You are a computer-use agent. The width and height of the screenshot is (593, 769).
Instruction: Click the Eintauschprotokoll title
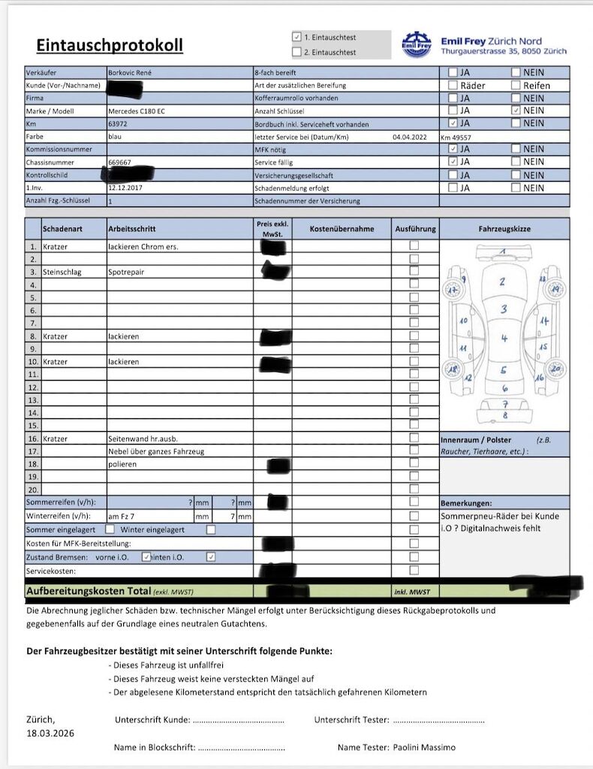pos(110,45)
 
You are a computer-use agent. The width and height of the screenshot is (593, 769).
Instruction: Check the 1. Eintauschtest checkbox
pos(297,37)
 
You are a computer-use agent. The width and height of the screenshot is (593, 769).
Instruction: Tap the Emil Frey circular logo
pos(417,44)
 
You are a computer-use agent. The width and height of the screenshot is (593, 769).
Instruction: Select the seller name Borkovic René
pos(134,73)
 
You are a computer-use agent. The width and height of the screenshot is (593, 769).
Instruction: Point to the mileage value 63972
pos(119,124)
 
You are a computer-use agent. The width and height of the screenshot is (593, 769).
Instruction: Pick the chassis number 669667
pos(119,162)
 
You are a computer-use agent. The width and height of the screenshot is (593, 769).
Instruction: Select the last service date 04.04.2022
pos(409,137)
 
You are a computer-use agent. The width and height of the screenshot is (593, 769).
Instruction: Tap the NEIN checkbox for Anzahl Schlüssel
pos(516,110)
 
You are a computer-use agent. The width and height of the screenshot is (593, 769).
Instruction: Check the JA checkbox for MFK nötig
pos(453,149)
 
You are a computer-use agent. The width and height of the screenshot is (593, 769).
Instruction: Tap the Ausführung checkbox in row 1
pos(414,246)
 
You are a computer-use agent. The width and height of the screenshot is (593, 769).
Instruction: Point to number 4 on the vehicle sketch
pos(504,339)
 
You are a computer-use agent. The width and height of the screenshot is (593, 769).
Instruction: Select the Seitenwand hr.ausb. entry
pos(143,439)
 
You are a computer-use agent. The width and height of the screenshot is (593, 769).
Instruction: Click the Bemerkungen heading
pos(465,502)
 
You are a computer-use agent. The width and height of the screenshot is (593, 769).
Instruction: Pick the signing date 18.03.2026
pos(50,733)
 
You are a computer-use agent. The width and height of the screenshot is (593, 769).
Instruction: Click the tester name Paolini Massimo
pos(424,747)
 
